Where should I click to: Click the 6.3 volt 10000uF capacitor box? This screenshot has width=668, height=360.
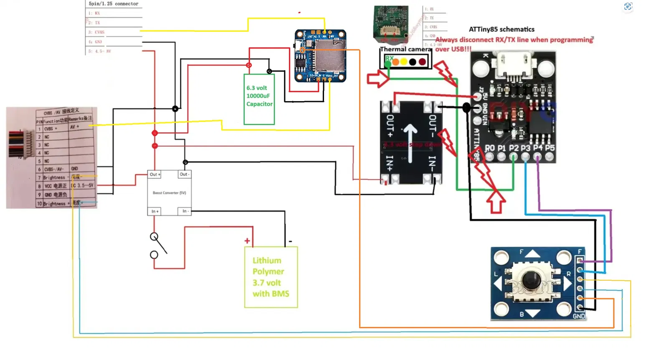(259, 99)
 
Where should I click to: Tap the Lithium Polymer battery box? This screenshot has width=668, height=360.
(271, 277)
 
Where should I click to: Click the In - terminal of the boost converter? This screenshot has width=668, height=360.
(185, 211)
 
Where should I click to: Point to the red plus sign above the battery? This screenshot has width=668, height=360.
(247, 241)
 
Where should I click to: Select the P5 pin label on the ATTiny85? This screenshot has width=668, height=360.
(550, 148)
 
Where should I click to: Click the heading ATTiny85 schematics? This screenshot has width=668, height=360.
(501, 29)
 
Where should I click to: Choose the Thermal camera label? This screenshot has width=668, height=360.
(405, 49)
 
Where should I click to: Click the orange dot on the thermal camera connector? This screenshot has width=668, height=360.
(395, 62)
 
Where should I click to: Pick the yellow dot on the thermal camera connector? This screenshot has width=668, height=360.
(404, 62)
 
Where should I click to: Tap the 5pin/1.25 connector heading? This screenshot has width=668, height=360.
(114, 4)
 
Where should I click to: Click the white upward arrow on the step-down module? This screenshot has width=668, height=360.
(410, 142)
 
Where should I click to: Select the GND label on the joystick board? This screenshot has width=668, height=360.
(579, 316)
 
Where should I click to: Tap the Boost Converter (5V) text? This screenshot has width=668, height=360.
(169, 193)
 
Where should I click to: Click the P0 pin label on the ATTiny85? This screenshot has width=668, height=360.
(490, 148)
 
